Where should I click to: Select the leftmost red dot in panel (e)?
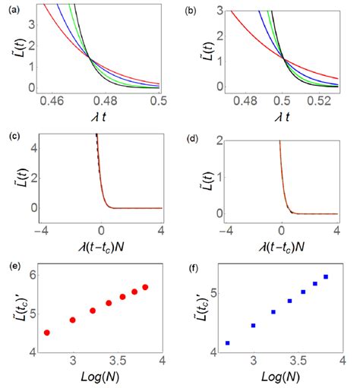pyautogui.click(x=47, y=333)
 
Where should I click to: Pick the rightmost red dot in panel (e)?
pyautogui.click(x=145, y=287)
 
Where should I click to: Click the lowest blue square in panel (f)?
pyautogui.click(x=228, y=343)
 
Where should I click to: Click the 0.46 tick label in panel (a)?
pyautogui.click(x=52, y=100)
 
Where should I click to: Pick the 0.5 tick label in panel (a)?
pyautogui.click(x=158, y=100)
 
